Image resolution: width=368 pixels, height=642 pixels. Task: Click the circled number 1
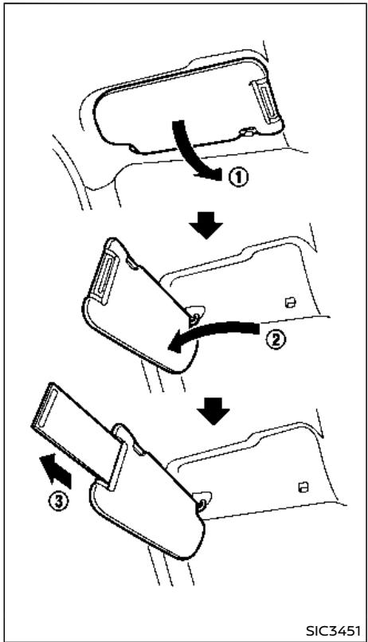point(238,178)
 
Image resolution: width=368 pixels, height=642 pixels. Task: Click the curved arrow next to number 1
point(192,152)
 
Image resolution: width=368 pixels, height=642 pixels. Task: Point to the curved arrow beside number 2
point(213,331)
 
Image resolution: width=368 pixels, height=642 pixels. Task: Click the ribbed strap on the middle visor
point(106,274)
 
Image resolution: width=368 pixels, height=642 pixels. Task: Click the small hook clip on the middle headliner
point(290,303)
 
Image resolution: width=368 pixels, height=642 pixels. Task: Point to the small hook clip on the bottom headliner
point(303,487)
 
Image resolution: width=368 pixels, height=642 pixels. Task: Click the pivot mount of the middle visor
point(196,315)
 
